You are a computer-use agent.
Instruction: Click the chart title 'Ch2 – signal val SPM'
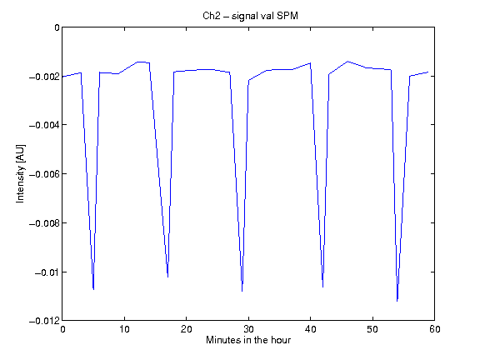pyautogui.click(x=250, y=16)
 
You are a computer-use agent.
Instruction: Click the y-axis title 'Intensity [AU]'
pyautogui.click(x=21, y=173)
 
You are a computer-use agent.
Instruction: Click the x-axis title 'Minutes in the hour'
pyautogui.click(x=248, y=340)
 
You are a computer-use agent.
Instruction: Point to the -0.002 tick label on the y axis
pyautogui.click(x=44, y=77)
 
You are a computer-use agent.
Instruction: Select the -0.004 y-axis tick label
pyautogui.click(x=44, y=125)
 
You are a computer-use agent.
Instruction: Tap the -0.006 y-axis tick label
pyautogui.click(x=44, y=174)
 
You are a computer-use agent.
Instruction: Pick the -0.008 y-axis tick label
pyautogui.click(x=44, y=223)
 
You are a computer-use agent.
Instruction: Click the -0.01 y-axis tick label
pyautogui.click(x=47, y=272)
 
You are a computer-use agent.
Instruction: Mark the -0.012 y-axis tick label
pyautogui.click(x=44, y=321)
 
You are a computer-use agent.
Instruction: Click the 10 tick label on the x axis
pyautogui.click(x=124, y=329)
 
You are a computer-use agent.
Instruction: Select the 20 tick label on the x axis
pyautogui.click(x=186, y=329)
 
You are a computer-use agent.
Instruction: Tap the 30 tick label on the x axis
pyautogui.click(x=248, y=329)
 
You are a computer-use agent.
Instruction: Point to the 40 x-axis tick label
pyautogui.click(x=310, y=329)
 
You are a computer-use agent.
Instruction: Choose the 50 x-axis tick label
pyautogui.click(x=372, y=329)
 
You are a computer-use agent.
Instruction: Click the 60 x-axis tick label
pyautogui.click(x=435, y=329)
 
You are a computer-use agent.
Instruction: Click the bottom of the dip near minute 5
pyautogui.click(x=93, y=289)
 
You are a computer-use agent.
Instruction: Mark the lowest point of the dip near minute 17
pyautogui.click(x=167, y=277)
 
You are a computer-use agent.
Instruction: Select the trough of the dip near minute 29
pyautogui.click(x=242, y=291)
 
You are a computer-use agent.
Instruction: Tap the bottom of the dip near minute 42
pyautogui.click(x=322, y=287)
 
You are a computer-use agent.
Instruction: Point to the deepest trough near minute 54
pyautogui.click(x=397, y=301)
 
